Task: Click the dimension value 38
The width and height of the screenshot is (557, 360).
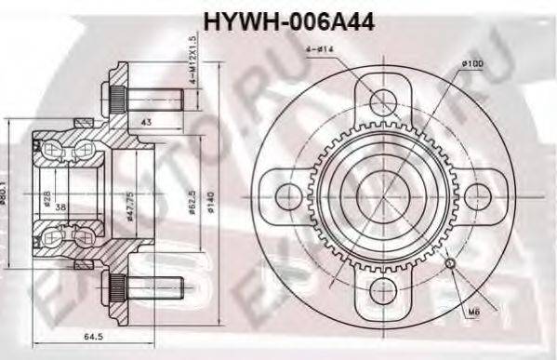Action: pos(60,207)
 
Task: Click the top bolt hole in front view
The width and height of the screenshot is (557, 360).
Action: pos(383,100)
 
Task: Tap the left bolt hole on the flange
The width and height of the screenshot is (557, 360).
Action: pos(290,195)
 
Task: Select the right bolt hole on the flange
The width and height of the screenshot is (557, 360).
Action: pos(476,195)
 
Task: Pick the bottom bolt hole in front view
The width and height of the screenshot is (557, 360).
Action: pos(383,289)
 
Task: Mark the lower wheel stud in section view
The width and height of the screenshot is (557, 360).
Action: pos(148,288)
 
